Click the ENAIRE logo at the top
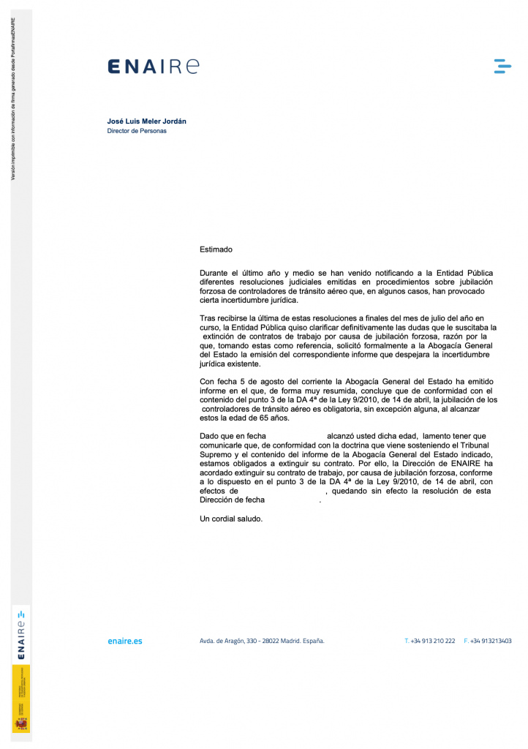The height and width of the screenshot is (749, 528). click(153, 67)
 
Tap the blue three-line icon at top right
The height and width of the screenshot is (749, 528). click(502, 67)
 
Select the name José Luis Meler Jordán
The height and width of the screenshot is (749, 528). click(152, 121)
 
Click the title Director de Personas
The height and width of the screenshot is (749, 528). click(137, 131)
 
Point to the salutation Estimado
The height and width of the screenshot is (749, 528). click(216, 249)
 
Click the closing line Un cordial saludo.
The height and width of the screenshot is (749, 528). click(230, 519)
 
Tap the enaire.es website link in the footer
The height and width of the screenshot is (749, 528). click(124, 641)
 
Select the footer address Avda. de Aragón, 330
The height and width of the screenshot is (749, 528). click(262, 641)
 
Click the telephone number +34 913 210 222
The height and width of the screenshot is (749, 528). click(432, 641)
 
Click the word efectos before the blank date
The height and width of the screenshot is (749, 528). click(214, 492)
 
